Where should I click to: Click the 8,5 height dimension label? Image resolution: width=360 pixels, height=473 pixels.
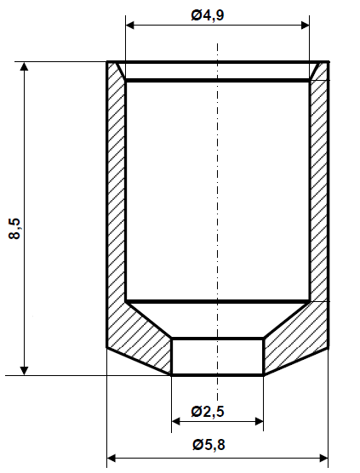[x=14, y=229]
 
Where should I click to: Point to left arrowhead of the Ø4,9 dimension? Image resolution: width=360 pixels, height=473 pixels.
[x=130, y=26]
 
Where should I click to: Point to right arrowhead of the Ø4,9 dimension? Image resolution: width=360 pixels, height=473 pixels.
[x=304, y=26]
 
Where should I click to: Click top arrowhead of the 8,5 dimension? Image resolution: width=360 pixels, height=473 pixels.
[x=26, y=66]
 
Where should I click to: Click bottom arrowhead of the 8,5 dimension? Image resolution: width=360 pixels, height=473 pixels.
[x=26, y=369]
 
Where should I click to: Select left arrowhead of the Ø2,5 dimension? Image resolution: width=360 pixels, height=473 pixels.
[x=176, y=420]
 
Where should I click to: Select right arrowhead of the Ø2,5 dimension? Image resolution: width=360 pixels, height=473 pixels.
[x=259, y=420]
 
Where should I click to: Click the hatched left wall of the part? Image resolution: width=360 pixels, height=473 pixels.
[x=116, y=196]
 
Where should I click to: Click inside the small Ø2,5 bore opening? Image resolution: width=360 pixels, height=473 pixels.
[x=217, y=356]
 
